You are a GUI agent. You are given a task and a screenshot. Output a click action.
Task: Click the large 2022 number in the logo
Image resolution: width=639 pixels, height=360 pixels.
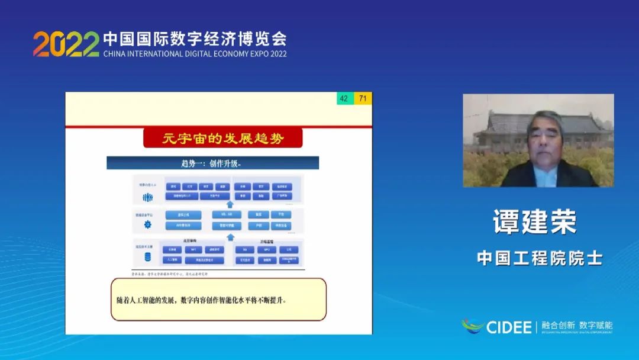66,44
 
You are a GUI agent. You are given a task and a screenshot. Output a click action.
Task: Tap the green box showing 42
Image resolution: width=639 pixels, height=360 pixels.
344,99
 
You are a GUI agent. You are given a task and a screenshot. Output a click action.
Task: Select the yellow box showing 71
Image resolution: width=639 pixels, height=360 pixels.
363,99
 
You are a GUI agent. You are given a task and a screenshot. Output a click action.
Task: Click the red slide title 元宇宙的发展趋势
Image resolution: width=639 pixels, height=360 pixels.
223,139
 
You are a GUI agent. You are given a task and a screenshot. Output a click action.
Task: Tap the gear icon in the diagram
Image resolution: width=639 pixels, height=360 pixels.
147,224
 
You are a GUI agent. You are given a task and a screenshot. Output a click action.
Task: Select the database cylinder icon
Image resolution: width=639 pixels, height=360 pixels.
147,257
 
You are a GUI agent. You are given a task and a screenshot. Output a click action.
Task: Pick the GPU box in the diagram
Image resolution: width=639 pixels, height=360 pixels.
266,250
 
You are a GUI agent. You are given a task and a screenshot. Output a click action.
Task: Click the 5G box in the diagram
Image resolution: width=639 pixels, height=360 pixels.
244,250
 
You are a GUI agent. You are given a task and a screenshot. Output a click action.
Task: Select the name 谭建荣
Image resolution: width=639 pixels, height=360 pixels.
535,221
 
